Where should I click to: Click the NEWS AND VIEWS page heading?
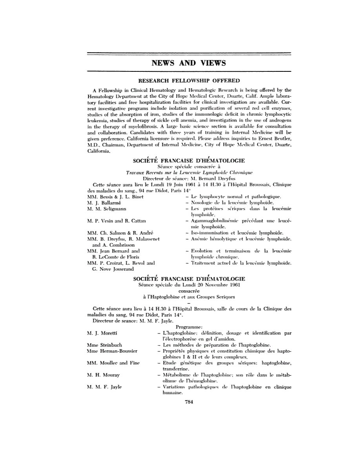coord(189,63)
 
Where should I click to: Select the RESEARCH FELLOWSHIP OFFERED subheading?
coord(189,80)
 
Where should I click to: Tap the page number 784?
coord(189,401)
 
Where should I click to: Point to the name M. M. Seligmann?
coord(107,209)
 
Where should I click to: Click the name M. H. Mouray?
coord(103,375)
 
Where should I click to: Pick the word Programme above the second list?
coord(189,327)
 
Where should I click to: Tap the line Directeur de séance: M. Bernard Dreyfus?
coord(189,178)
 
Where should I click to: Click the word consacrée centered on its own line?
coord(189,291)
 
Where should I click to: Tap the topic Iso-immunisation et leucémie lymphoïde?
coord(235,233)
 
